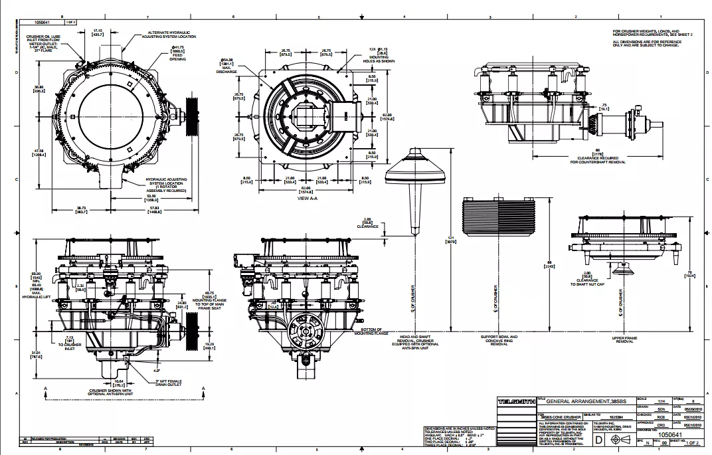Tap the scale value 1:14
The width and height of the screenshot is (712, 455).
661,402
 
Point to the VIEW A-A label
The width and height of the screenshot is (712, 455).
308,198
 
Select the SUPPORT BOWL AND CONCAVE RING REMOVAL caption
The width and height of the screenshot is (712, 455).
499,340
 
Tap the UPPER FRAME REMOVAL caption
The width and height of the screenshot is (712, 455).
624,340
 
